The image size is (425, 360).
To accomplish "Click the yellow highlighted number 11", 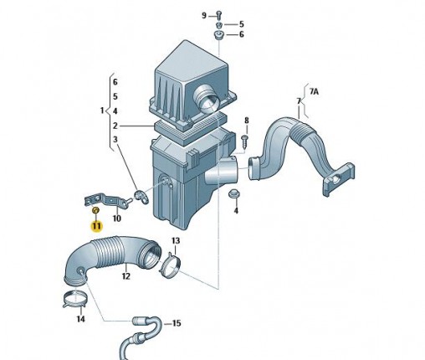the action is coord(96,226).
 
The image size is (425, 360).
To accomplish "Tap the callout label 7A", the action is coord(314,91).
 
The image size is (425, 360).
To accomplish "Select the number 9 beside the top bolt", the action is coord(204,16).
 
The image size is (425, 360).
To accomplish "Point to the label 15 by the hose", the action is coord(177,323).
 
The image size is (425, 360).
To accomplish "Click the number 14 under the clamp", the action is coord(80,319).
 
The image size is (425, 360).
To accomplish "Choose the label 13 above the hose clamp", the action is coord(176,240).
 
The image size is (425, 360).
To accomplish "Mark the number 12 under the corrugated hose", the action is coord(125,276).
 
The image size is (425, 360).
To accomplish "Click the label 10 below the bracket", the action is coord(117,219).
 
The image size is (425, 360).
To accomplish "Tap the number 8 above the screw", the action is coord(247,121).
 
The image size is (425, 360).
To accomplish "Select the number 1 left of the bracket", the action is coord(102,111).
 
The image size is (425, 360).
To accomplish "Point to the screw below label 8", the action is coord(244,141).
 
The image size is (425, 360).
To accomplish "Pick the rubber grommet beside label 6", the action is coord(218,36).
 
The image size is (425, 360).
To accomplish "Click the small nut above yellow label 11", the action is coord(95,210).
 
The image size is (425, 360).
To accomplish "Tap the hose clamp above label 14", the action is coord(74,300).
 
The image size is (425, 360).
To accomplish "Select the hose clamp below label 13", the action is coord(170,266).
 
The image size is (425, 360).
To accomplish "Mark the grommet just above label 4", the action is coord(233,193).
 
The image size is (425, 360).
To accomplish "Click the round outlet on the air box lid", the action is coord(206,100).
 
